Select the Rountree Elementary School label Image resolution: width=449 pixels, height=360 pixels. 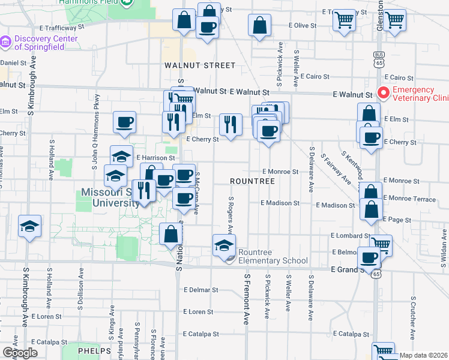(x=273, y=256)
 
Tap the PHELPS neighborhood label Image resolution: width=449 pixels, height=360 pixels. (x=94, y=350)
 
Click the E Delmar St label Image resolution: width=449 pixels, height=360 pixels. (x=201, y=290)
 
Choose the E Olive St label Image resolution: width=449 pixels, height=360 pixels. (x=302, y=26)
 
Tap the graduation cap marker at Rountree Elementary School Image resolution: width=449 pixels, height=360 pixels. (x=224, y=244)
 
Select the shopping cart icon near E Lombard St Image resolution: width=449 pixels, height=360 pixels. (x=381, y=244)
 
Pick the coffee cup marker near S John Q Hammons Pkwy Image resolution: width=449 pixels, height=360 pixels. (x=125, y=122)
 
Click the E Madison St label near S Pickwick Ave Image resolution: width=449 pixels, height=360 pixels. (x=280, y=203)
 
